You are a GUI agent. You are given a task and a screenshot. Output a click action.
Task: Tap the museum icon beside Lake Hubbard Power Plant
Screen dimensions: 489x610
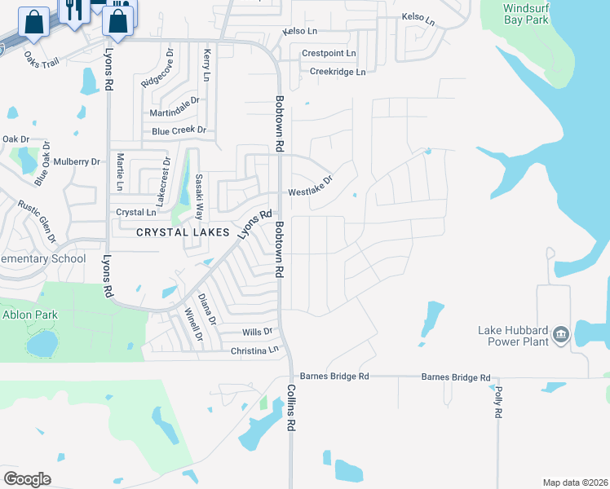click(x=560, y=335)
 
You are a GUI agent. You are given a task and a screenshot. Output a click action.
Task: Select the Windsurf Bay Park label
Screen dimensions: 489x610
click(x=526, y=14)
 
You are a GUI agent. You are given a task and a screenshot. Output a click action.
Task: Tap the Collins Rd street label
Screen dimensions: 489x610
click(x=290, y=407)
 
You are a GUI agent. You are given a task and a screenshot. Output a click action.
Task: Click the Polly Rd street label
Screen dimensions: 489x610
click(x=498, y=403)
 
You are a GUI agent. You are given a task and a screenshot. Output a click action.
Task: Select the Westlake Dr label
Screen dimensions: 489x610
click(x=311, y=187)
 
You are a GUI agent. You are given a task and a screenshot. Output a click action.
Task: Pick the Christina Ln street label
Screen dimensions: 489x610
click(x=254, y=350)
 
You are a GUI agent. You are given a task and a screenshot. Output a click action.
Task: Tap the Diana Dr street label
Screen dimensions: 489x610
click(x=207, y=309)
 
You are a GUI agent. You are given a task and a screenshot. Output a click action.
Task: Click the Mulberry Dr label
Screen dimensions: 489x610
click(x=78, y=162)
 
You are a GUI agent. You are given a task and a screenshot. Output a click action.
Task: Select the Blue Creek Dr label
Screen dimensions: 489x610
click(x=179, y=130)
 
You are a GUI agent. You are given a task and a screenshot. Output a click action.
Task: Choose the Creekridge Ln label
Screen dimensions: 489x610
click(x=337, y=72)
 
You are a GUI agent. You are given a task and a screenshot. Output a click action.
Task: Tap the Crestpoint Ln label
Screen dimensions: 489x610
click(x=329, y=53)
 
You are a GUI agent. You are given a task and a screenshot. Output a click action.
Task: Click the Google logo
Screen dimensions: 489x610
click(x=27, y=479)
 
